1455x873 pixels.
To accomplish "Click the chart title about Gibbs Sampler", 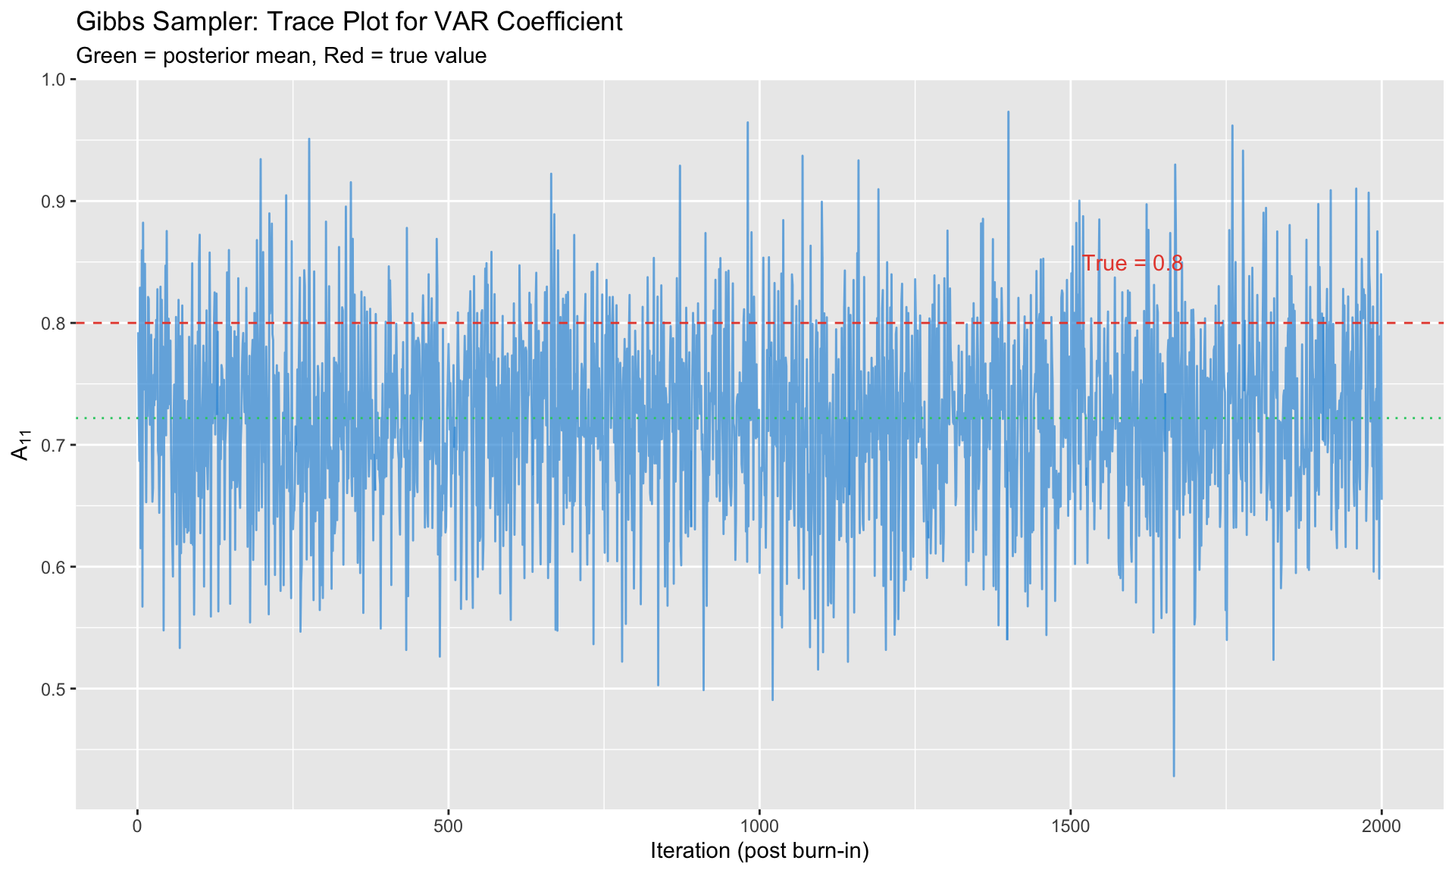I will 349,22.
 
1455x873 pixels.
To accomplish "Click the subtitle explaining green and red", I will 281,56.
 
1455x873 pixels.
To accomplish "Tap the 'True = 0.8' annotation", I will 1132,264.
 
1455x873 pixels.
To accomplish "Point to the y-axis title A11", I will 20,445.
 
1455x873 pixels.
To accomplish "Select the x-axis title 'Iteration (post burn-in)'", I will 759,851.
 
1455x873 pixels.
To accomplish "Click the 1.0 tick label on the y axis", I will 56,80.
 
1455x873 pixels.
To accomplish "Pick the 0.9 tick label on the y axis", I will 56,202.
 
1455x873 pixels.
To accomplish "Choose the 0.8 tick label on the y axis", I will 56,324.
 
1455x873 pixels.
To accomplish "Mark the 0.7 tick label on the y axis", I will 56,446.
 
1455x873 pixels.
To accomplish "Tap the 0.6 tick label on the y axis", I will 56,568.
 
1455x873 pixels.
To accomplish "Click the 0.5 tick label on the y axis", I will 56,690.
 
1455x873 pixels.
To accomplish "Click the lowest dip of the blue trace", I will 1174,775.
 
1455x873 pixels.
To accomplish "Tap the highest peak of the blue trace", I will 1008,112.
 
